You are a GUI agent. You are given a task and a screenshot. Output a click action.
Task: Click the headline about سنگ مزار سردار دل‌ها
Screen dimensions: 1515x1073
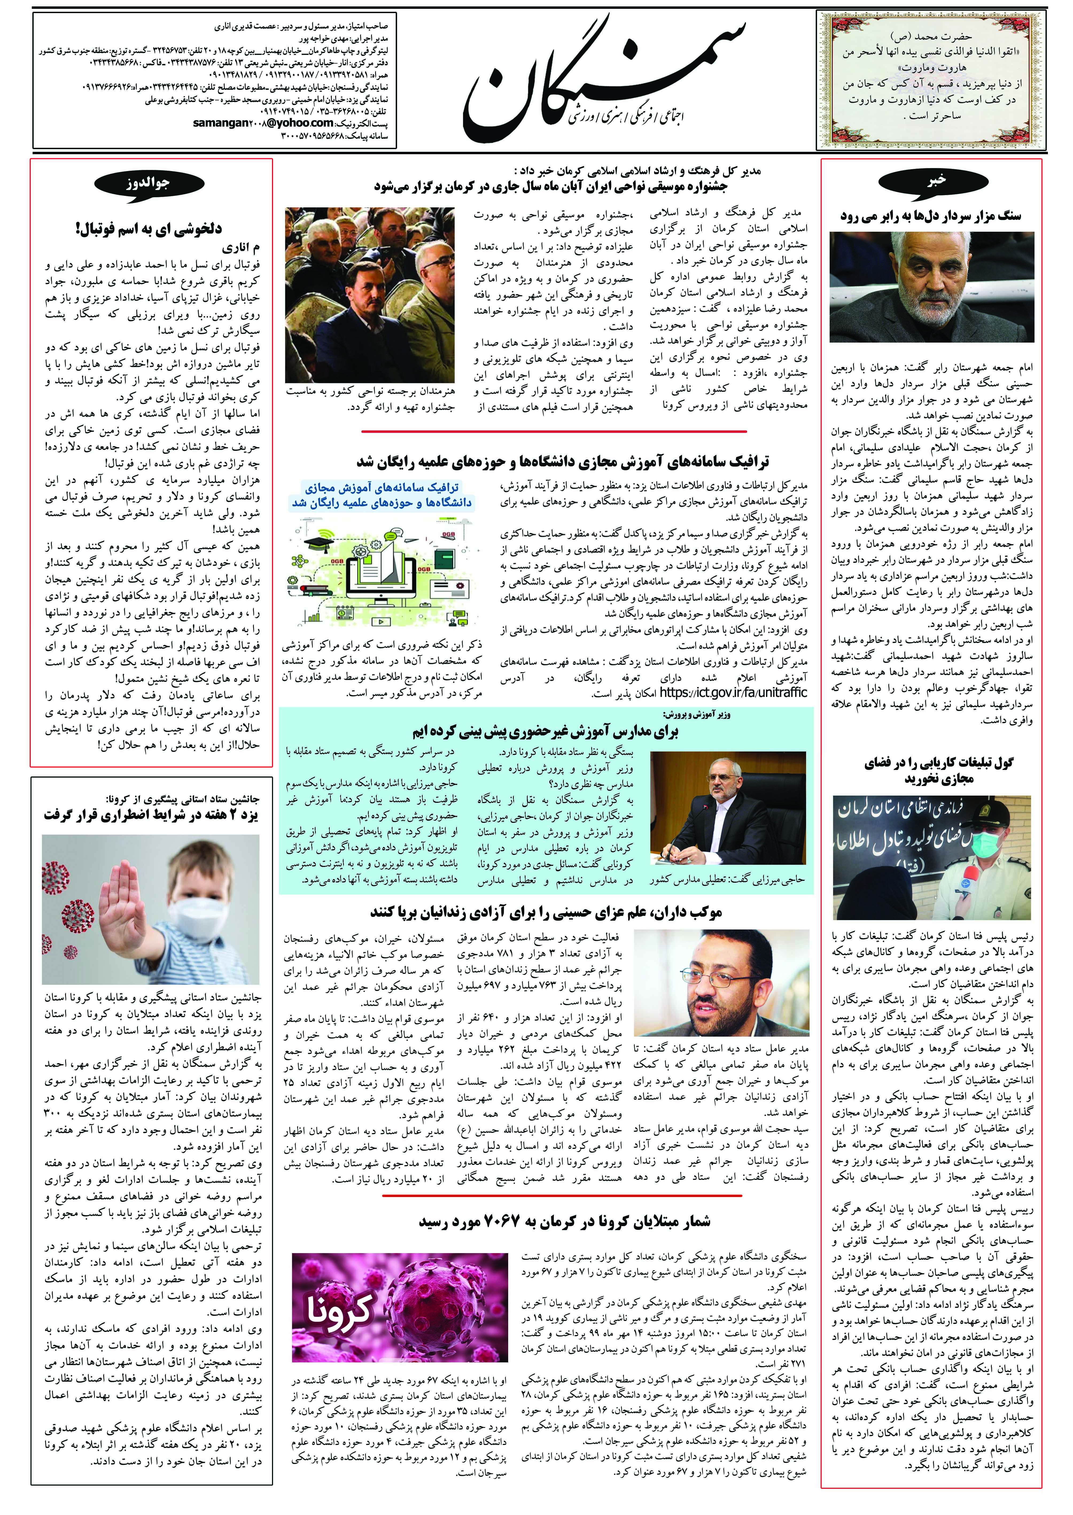coord(930,216)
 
